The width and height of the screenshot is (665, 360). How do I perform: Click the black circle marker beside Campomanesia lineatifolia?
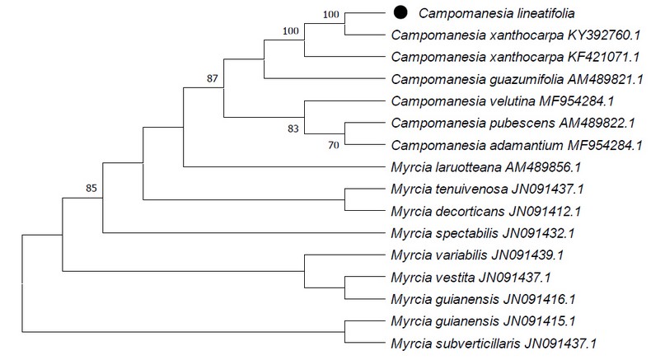(400, 12)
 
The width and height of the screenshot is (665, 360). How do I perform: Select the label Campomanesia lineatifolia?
(497, 13)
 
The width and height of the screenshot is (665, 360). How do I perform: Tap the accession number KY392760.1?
(604, 35)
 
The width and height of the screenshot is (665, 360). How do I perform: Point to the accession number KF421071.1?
(604, 57)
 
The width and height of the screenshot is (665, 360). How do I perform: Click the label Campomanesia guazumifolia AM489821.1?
(517, 79)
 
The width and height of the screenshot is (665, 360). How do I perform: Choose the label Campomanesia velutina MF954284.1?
(503, 101)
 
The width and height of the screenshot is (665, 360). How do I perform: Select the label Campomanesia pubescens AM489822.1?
(513, 123)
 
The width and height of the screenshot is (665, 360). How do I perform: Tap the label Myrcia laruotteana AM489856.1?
(486, 167)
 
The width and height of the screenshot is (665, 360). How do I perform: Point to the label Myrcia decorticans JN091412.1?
(486, 211)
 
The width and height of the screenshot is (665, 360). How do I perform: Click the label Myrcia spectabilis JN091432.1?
(483, 233)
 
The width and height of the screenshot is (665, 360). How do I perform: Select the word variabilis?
(461, 255)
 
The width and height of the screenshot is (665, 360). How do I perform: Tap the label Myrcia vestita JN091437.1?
(471, 278)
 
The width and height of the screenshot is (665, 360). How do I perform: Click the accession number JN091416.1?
(540, 299)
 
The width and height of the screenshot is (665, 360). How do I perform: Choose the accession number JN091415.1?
(540, 321)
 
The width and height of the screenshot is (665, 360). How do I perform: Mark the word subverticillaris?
(478, 344)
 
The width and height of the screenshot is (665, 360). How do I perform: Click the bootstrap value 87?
(212, 78)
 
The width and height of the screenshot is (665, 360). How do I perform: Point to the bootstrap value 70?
(334, 145)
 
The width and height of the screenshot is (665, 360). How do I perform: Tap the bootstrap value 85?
(91, 188)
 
